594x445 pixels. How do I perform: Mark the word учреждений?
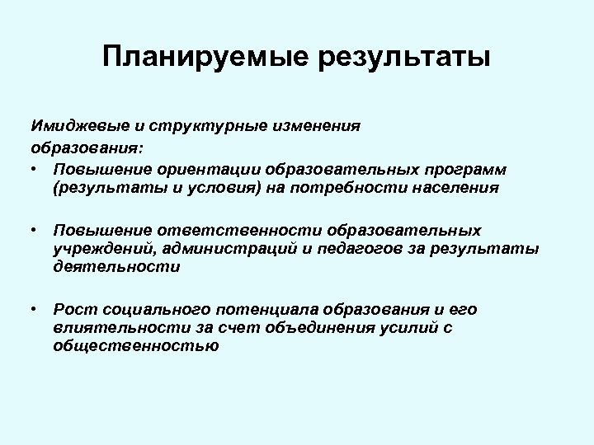click(x=96, y=249)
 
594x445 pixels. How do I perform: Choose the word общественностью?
click(x=135, y=347)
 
